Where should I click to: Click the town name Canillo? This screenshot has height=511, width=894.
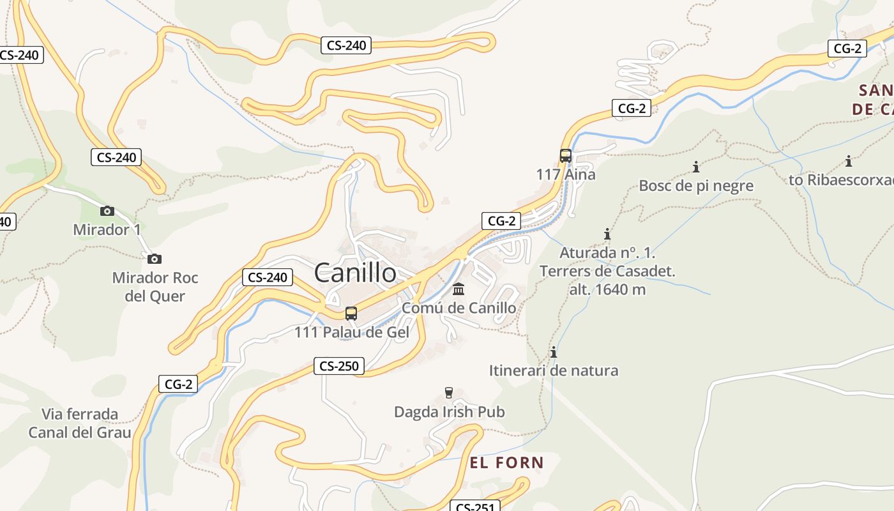pos(355,273)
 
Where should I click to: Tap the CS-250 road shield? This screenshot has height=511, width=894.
pos(339,366)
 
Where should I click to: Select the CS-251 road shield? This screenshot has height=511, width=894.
pos(474,507)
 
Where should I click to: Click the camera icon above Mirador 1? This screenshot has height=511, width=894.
pos(107,211)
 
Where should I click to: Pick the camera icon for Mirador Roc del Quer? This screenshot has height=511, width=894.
pos(154,259)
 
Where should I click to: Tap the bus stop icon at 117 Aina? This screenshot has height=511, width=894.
pos(566,155)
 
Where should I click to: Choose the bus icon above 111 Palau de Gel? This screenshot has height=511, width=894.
pos(351,313)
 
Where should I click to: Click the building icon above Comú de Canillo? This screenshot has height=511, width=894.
pos(458,290)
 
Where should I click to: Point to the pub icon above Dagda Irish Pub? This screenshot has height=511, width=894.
pos(449,392)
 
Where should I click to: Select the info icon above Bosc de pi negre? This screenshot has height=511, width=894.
pos(696,167)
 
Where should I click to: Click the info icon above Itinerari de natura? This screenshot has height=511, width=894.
pos(554,352)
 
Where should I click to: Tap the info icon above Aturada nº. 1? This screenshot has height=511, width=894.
pos(607,234)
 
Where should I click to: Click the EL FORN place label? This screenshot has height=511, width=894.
pos(507,462)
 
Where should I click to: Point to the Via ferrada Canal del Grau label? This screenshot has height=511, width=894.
pos(80,423)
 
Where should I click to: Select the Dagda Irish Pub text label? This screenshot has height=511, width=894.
pos(449,412)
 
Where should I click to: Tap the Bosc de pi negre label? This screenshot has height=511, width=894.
pos(696,186)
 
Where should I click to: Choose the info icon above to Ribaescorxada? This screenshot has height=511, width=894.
pos(849,161)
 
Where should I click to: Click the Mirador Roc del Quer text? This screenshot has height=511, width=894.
pos(155,287)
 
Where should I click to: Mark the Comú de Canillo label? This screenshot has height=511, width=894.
pos(458,308)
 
